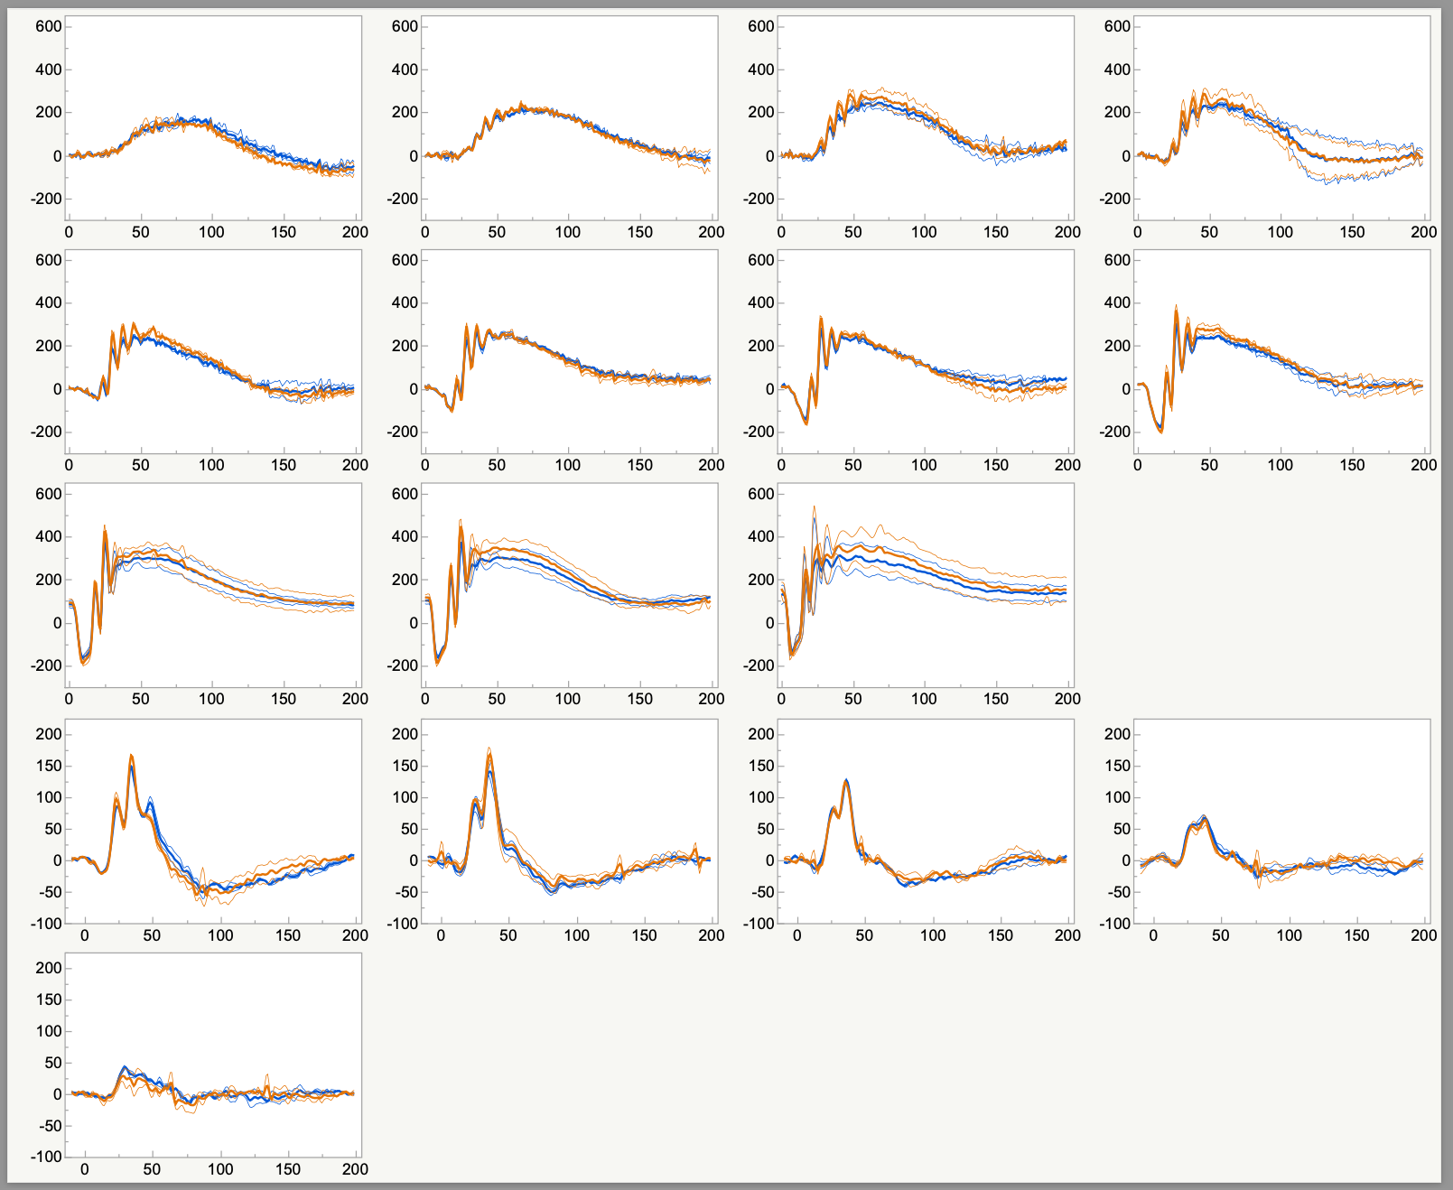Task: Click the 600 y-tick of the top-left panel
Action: click(x=49, y=26)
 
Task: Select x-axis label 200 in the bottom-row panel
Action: click(x=355, y=1169)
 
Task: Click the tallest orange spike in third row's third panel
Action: click(x=814, y=507)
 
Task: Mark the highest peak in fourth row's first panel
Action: click(x=131, y=755)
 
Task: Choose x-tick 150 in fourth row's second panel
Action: click(x=644, y=935)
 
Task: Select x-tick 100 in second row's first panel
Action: click(x=211, y=465)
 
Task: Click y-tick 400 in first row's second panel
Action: click(x=405, y=70)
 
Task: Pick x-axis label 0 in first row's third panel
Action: click(x=781, y=232)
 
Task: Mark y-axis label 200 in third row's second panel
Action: click(x=405, y=580)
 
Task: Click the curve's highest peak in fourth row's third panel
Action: click(x=846, y=779)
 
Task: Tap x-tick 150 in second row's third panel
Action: click(x=996, y=465)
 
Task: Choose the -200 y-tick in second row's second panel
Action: click(x=401, y=432)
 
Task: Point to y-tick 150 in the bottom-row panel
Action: click(x=48, y=999)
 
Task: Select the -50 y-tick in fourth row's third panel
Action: click(x=760, y=892)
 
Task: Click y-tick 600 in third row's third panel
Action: click(x=761, y=494)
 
